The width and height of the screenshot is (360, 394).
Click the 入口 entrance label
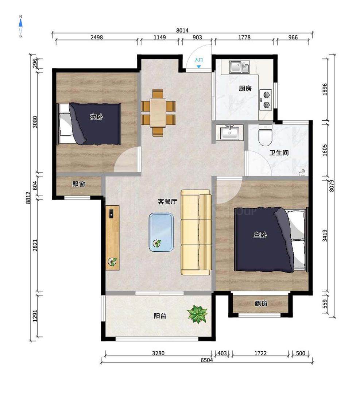coord(199,60)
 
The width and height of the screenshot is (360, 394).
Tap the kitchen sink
coord(239,67)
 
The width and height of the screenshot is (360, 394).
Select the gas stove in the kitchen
coord(266,100)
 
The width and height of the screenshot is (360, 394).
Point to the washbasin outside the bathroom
coord(229,132)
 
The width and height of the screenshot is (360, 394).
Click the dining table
coord(158,112)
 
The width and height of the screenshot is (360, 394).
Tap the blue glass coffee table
coord(161,232)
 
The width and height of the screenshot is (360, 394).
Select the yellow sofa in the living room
coord(196,232)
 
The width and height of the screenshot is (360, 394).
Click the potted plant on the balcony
coord(198,313)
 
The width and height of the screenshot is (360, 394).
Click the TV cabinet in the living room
coord(112,238)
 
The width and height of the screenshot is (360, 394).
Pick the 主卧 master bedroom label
coord(260,235)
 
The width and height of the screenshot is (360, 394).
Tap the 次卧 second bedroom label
coord(96,117)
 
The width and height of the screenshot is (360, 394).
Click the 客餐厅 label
coord(167,201)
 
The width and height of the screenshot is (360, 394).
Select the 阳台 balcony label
coord(160,316)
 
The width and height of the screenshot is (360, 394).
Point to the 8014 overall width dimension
coord(182,30)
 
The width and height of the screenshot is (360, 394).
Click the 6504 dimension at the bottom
coord(207,360)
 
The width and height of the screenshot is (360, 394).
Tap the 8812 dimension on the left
coord(28,198)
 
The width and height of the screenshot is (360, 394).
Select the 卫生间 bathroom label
coord(279,152)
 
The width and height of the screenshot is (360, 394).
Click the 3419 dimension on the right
coord(325,235)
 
